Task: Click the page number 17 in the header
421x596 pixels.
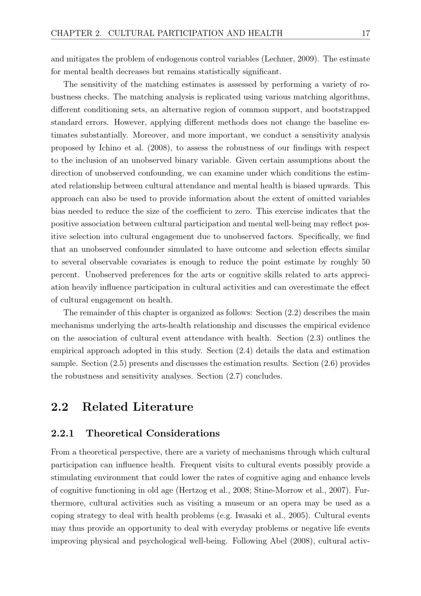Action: [x=365, y=33]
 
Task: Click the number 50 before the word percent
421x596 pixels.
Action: [x=365, y=262]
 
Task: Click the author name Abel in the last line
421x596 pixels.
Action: [x=277, y=541]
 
